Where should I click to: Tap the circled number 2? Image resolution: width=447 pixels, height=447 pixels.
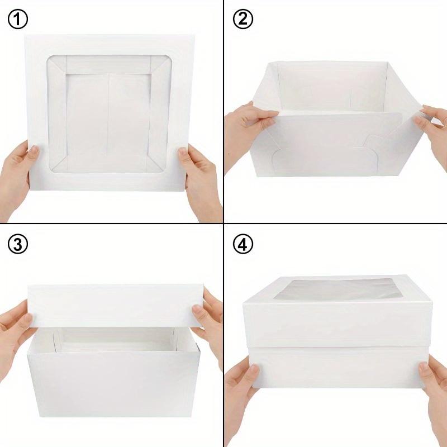click(x=242, y=20)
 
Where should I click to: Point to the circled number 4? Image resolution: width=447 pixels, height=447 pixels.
click(x=242, y=245)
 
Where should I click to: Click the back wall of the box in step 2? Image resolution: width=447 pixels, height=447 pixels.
click(x=330, y=84)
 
